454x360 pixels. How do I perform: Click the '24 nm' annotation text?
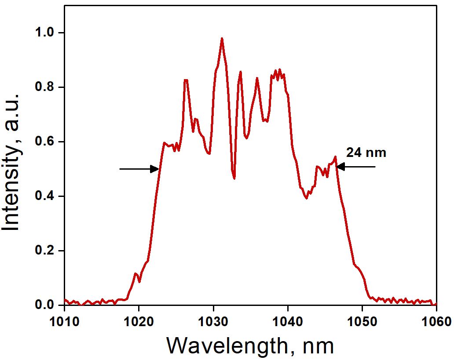366,153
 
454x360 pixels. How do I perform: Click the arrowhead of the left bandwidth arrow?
155,168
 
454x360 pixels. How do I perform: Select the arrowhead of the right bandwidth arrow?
340,167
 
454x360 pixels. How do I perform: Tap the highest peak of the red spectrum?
222,38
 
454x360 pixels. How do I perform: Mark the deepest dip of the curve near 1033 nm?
234,178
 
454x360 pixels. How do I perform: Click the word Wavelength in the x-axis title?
224,346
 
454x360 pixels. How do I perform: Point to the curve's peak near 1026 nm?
186,80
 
